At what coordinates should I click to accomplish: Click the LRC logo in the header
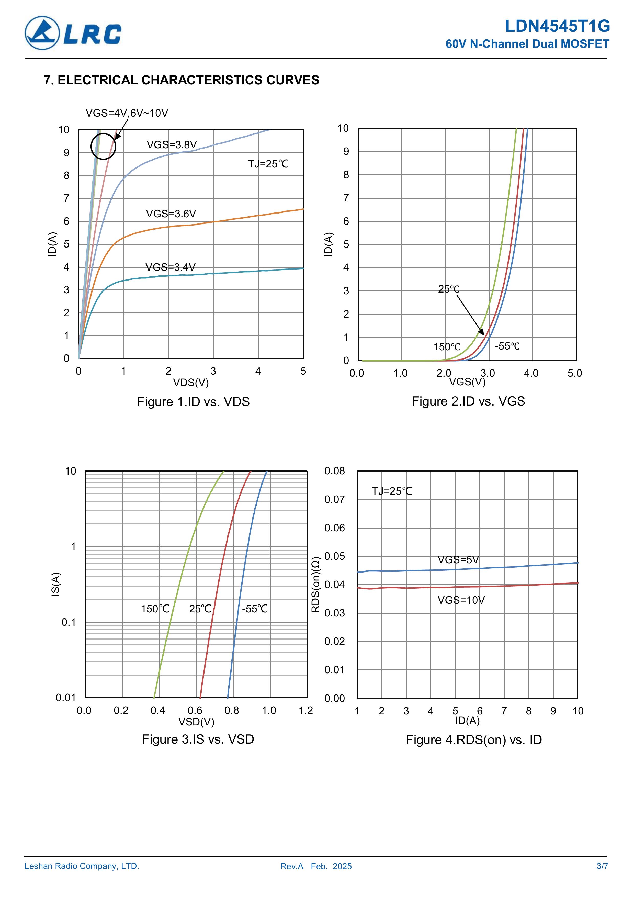tap(73, 33)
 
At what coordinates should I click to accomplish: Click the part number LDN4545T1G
tap(557, 26)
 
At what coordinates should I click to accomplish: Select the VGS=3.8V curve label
tap(172, 145)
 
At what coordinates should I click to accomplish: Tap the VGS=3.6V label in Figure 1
tap(171, 214)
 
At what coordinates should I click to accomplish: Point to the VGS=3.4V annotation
tap(170, 267)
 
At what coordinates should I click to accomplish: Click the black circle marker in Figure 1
tap(103, 147)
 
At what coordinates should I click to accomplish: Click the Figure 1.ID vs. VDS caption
tap(193, 402)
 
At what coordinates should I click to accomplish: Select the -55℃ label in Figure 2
tap(507, 346)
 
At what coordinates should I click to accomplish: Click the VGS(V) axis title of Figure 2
tap(467, 382)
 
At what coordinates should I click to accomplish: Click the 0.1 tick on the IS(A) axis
tap(69, 622)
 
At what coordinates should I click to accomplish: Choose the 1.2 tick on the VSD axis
tap(306, 710)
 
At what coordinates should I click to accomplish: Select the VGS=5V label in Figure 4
tap(458, 560)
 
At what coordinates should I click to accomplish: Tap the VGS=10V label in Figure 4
tap(461, 600)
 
